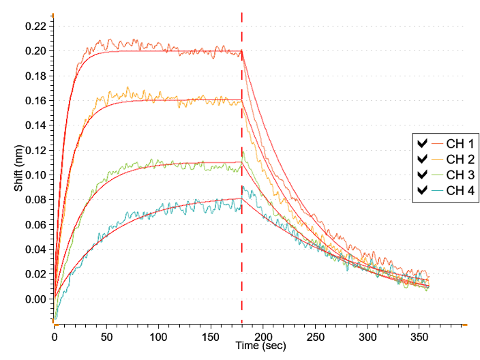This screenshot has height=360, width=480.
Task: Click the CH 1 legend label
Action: (x=460, y=144)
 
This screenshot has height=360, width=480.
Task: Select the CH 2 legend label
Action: (x=460, y=159)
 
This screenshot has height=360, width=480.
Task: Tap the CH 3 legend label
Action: (x=460, y=175)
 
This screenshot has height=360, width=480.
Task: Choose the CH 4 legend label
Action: (x=460, y=190)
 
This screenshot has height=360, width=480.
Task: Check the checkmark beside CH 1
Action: (x=422, y=143)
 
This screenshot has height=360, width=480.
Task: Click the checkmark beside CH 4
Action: (x=422, y=190)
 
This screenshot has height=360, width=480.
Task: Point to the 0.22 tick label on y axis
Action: (x=35, y=27)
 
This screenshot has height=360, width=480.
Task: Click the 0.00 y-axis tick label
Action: (x=35, y=299)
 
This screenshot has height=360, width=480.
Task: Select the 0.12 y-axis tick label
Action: (x=35, y=150)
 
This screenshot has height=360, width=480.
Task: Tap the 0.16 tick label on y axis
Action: (x=35, y=101)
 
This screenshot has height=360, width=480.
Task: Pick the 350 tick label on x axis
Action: (x=419, y=337)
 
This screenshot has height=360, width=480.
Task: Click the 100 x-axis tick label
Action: (x=159, y=337)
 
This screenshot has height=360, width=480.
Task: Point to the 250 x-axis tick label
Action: (x=315, y=337)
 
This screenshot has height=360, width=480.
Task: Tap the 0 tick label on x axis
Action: (x=55, y=337)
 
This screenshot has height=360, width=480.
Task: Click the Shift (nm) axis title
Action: (x=18, y=168)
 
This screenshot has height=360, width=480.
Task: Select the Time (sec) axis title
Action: (x=261, y=346)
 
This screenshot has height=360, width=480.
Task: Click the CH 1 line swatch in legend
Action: (x=437, y=144)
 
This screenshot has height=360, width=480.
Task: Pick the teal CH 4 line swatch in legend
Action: (x=437, y=190)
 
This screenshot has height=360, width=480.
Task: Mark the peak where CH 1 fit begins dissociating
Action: (x=242, y=51)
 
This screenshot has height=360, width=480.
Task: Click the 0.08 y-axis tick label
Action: (x=35, y=200)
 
